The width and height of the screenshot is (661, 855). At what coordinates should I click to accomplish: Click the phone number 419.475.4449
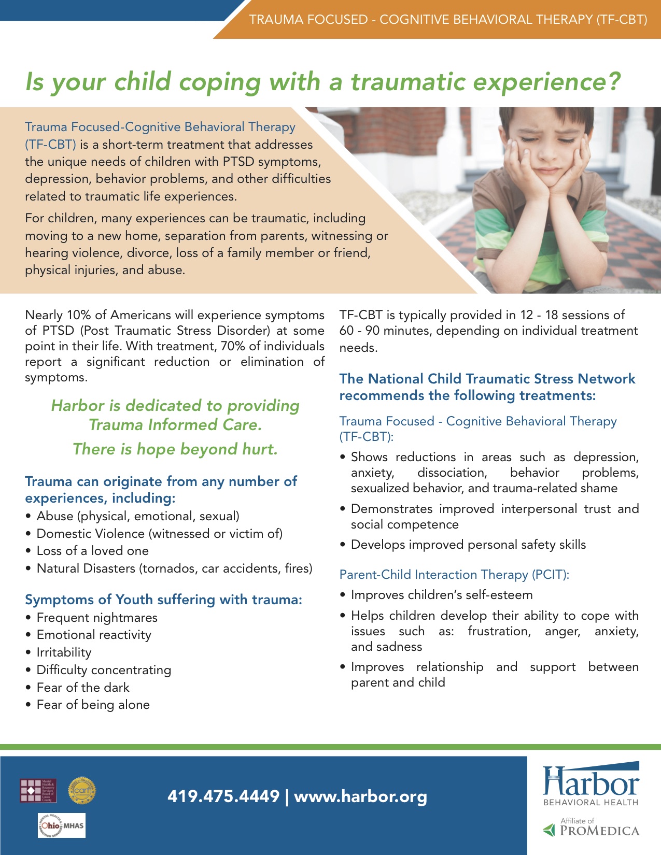coord(223,796)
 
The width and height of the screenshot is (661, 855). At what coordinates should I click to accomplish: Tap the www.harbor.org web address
coord(361,796)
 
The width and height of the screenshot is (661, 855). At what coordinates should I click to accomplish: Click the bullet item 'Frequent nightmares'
coord(97,618)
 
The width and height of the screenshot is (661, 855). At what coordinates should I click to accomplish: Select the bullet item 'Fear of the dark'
coord(83,688)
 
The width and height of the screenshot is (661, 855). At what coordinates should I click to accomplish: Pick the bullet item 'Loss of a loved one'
coord(92,551)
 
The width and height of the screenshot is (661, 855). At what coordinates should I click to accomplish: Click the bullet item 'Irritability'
coord(64,652)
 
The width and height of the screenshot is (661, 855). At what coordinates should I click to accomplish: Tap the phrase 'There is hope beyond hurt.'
coord(175,449)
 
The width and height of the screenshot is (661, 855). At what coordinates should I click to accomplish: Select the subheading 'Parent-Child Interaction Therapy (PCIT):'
coord(454,575)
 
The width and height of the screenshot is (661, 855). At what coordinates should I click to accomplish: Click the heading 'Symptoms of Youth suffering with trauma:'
coord(163,600)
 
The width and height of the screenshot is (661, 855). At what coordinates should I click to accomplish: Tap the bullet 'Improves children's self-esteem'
coord(441,595)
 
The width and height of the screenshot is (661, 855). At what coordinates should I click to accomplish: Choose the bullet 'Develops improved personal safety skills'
coord(468,545)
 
